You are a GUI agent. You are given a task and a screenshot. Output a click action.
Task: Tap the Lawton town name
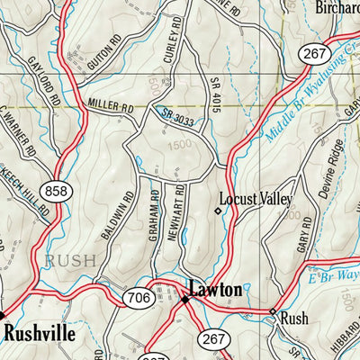click(x=215, y=290)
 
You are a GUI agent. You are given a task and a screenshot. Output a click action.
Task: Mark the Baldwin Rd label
click(x=129, y=217)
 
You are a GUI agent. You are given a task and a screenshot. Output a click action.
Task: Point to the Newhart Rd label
click(x=179, y=211)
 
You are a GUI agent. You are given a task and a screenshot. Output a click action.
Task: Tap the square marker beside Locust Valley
click(x=216, y=211)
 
